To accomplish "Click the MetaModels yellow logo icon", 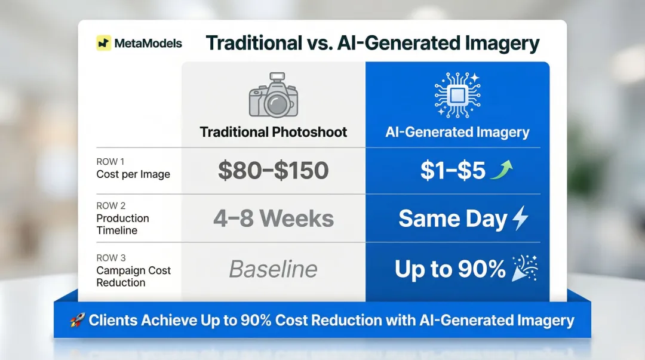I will click(104, 43).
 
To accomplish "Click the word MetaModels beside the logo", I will click(148, 44).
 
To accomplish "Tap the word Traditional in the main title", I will click(253, 43).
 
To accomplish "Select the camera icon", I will click(274, 97).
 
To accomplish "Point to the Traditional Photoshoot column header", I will click(274, 132).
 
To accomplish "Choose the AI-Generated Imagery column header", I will click(457, 132).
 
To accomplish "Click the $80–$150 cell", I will click(274, 171).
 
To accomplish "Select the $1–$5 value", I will click(453, 171).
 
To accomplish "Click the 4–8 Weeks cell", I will click(274, 219).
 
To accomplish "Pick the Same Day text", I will click(453, 219).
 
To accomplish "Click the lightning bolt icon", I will click(520, 219).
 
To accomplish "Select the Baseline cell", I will click(274, 269).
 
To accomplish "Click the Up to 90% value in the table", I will click(450, 269).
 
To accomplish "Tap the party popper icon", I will click(526, 269).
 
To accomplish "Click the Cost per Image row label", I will click(133, 174).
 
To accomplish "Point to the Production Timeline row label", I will click(122, 224).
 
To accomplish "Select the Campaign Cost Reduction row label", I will click(133, 276).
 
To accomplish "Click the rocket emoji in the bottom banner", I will click(77, 321).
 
